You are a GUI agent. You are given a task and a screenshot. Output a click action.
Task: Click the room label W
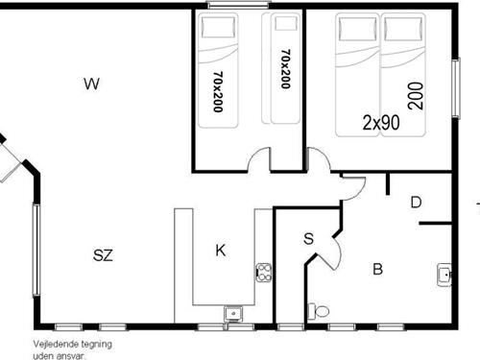tap(92, 84)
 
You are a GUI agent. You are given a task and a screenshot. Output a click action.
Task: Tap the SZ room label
tap(103, 255)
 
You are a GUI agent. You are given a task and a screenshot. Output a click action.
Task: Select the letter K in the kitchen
tap(221, 252)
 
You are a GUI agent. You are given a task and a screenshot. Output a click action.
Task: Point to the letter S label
tap(308, 238)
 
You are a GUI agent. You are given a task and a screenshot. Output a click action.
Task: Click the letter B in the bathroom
tap(377, 270)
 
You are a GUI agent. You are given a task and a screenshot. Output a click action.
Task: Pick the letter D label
tap(416, 202)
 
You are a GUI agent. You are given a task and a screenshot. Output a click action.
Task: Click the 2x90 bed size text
tap(381, 123)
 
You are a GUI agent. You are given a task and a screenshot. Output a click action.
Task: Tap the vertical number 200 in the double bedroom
tap(415, 97)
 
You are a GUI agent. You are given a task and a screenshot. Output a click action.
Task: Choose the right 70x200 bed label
tap(285, 69)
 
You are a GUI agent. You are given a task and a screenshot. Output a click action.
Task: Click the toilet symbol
tap(318, 311)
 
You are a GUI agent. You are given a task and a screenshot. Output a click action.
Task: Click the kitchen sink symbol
tap(231, 312)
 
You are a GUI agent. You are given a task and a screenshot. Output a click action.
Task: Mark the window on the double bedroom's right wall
tap(456, 88)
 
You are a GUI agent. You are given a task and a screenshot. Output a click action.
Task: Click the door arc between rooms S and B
tap(331, 252)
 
